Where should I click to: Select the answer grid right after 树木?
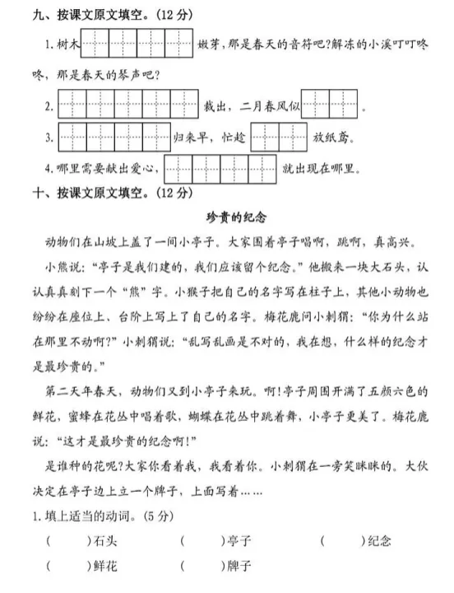(136, 43)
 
